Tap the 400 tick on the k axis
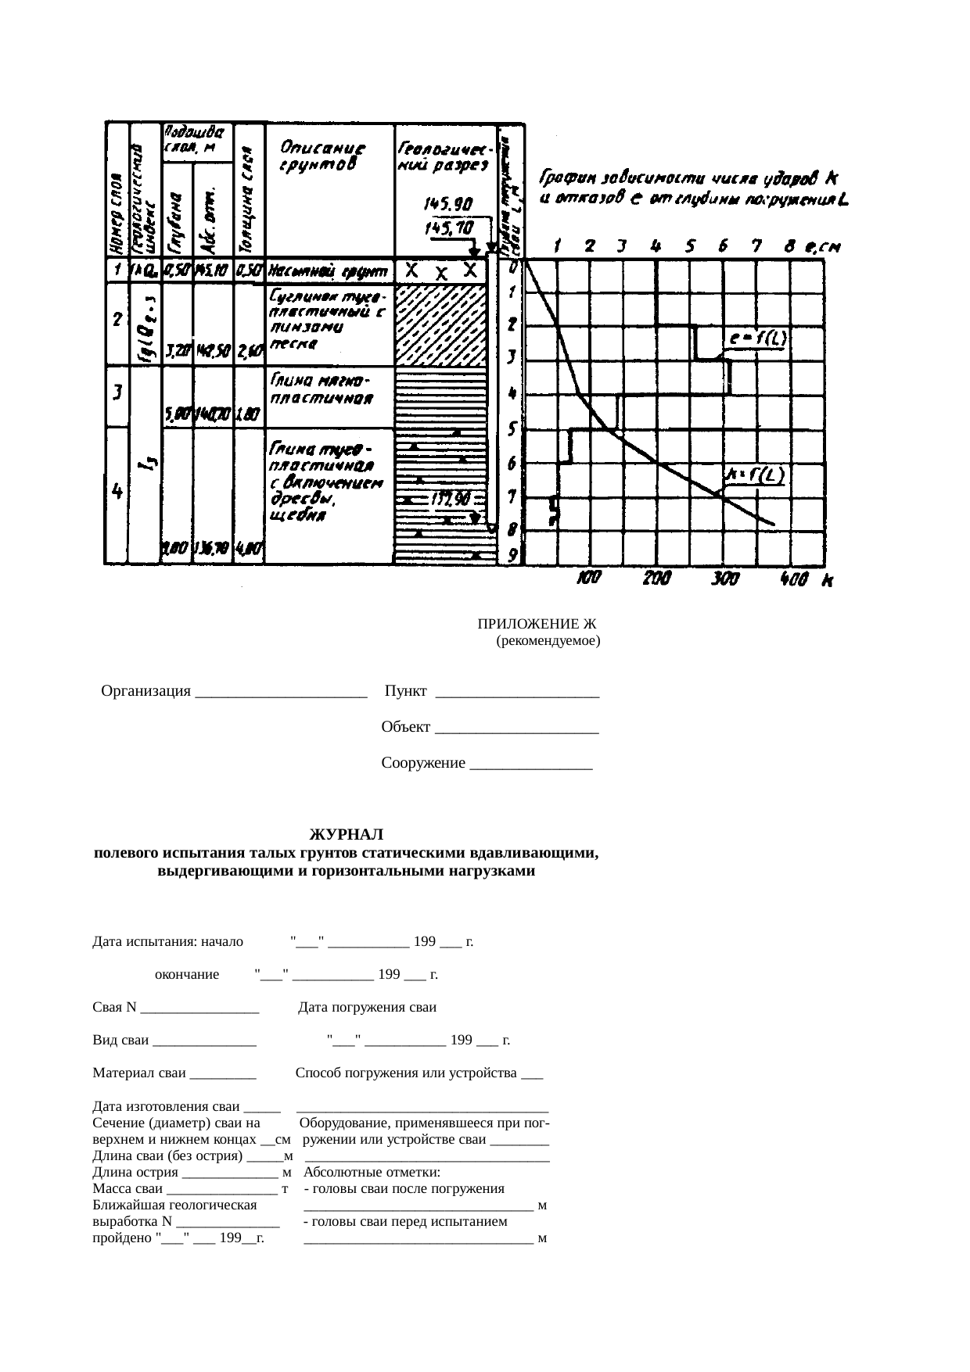point(795,579)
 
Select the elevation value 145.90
point(447,204)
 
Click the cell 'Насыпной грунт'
point(329,272)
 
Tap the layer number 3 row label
point(117,392)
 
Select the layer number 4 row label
point(117,491)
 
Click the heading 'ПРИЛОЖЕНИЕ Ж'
point(537,624)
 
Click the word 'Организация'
point(146,691)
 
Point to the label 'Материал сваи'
point(139,1073)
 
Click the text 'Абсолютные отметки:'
point(372,1173)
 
